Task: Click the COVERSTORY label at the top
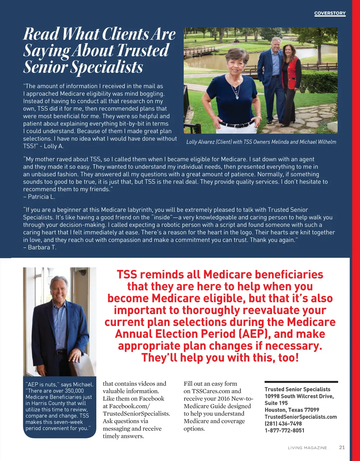[x=330, y=13]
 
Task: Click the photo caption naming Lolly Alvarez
[x=261, y=142]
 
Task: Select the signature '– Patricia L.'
[x=39, y=197]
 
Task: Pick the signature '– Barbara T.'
[x=40, y=247]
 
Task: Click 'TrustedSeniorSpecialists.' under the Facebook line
[x=136, y=414]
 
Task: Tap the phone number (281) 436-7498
[x=283, y=423]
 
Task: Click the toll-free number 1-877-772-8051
[x=284, y=430]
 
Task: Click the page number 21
[x=342, y=447]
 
